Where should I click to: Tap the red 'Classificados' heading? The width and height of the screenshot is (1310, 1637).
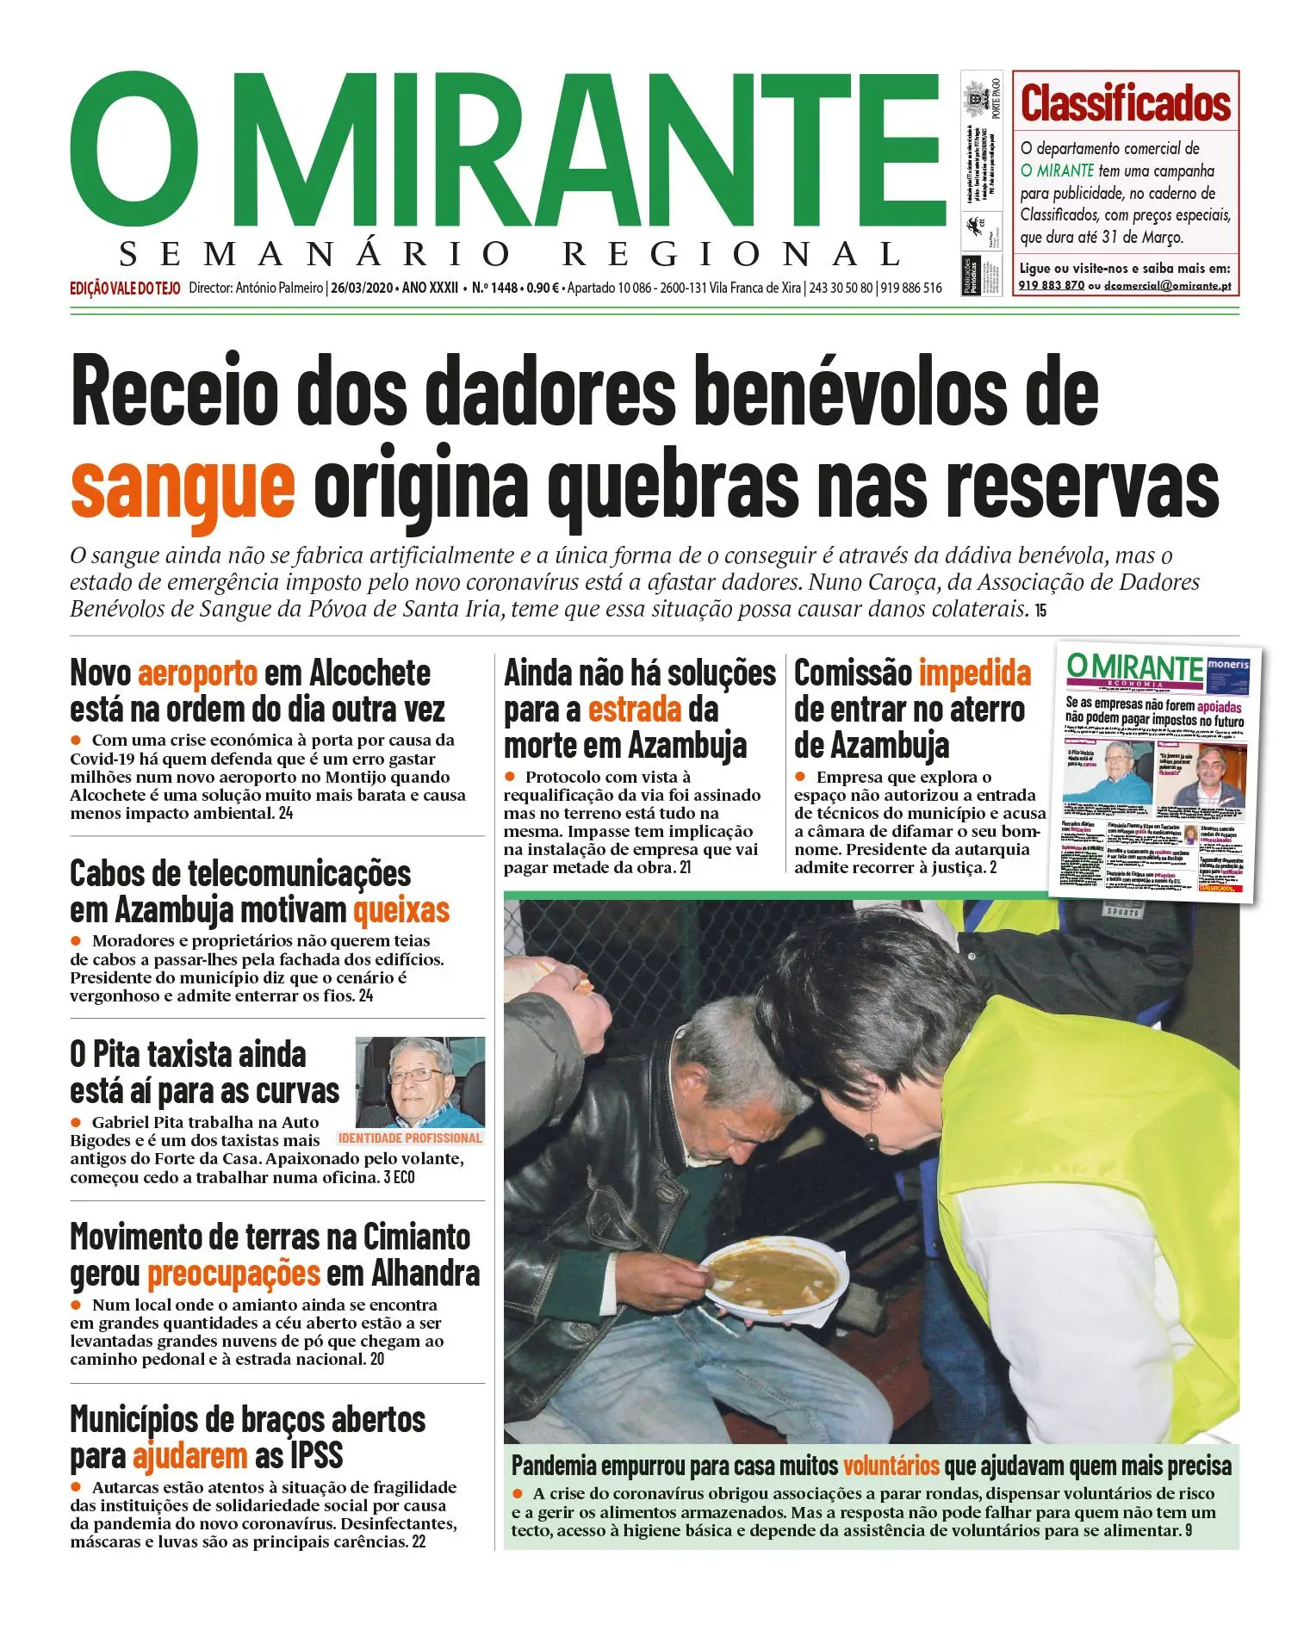pos(1125,103)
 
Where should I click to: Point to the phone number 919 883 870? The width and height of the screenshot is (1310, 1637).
pos(1051,286)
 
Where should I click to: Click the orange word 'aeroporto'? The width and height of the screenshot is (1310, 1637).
pos(197,673)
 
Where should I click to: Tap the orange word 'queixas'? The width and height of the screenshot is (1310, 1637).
pos(401,910)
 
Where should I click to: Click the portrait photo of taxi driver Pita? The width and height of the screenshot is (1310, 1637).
pos(420,1082)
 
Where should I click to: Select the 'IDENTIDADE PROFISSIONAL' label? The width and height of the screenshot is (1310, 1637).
pos(410,1138)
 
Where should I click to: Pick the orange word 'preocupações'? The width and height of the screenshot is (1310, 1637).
pos(233,1274)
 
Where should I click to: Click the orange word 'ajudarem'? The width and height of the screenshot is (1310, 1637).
pos(189,1456)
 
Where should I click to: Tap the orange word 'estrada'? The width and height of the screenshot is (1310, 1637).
pos(635,710)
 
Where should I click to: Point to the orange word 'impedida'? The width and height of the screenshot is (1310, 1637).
pos(974,673)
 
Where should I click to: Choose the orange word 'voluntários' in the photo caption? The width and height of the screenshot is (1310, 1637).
pos(891,1466)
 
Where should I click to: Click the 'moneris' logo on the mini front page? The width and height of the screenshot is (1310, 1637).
pos(1227,666)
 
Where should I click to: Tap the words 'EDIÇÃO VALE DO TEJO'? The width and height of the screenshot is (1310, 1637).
pos(125,288)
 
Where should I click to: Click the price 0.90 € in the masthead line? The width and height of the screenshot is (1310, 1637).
pos(543,288)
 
